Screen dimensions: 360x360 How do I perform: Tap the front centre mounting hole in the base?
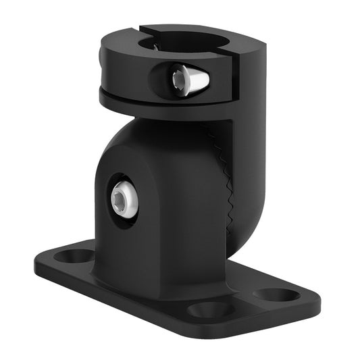[210, 310]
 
